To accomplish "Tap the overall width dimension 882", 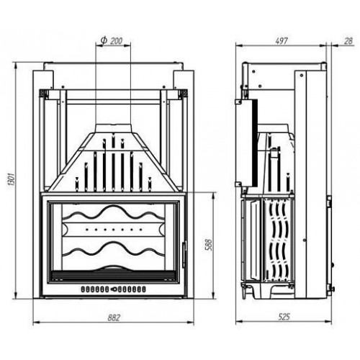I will pyautogui.click(x=114, y=317).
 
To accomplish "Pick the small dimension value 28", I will pyautogui.click(x=348, y=41).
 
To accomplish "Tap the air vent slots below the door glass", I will pyautogui.click(x=113, y=289).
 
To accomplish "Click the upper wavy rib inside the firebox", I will pyautogui.click(x=113, y=213).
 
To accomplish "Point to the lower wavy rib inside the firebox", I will pyautogui.click(x=113, y=249).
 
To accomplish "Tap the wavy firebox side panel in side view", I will pyautogui.click(x=278, y=238).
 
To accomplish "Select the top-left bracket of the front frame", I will pyautogui.click(x=45, y=94).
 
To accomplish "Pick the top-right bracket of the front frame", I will pyautogui.click(x=182, y=94).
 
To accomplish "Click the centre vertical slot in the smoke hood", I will pyautogui.click(x=113, y=169).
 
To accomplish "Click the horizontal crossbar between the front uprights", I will pyautogui.click(x=114, y=101).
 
